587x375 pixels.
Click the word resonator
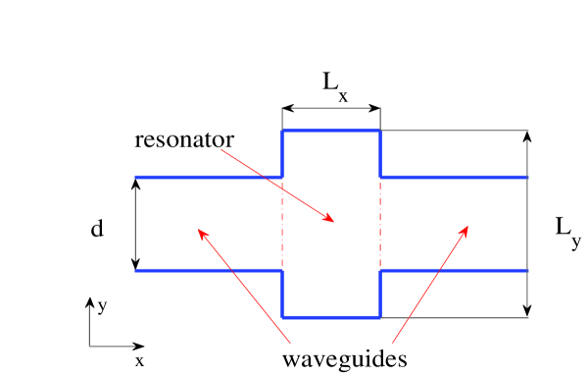pos(184,139)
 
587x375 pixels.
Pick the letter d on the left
pos(96,229)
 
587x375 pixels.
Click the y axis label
pos(102,306)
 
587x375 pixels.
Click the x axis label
pos(140,361)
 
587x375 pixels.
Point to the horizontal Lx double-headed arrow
pos(331,108)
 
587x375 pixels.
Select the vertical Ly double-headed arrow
pos(529,224)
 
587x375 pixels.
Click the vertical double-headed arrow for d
pos(136,224)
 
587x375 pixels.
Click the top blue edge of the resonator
pos(331,131)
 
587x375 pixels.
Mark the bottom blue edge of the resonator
pos(331,317)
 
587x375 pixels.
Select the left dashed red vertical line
pos(283,224)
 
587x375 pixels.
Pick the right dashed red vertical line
pos(379,224)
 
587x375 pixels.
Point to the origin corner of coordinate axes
pos(90,346)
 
